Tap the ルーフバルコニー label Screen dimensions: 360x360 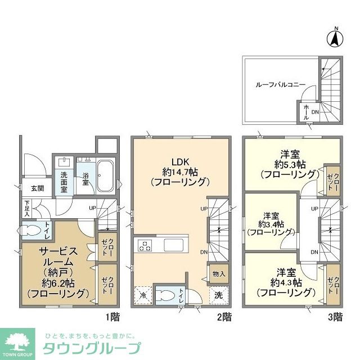280,84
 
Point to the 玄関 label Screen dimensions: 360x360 29,188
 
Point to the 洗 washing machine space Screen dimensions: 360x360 218,294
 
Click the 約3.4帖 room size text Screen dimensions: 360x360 272,223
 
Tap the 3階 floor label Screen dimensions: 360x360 335,316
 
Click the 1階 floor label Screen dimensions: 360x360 112,316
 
